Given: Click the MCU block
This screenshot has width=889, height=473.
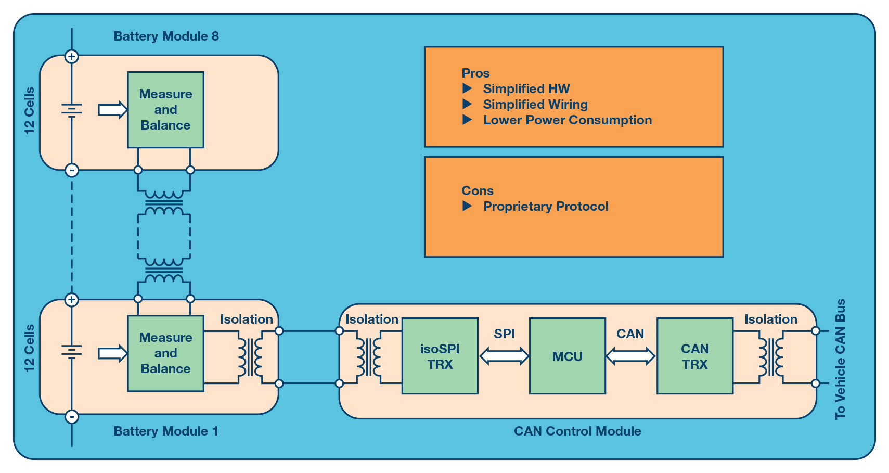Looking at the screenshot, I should [x=567, y=356].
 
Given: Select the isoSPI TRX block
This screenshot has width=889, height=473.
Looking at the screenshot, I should [x=440, y=356].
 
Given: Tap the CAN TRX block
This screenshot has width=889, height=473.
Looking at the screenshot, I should [x=694, y=356].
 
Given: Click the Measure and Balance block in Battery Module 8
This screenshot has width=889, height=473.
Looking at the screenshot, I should [x=165, y=110].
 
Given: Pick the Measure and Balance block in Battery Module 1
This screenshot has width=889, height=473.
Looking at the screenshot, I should [x=165, y=353].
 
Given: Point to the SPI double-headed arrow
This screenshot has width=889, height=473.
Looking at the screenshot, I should [x=504, y=356].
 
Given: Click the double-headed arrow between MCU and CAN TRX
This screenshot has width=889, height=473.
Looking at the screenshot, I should [x=630, y=356].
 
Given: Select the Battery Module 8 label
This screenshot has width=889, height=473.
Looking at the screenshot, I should [x=166, y=36].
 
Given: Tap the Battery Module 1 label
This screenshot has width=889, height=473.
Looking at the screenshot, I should [x=165, y=431].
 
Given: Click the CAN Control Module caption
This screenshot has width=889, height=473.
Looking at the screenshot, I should [x=577, y=431].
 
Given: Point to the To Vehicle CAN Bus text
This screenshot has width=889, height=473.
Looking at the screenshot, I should [x=840, y=360].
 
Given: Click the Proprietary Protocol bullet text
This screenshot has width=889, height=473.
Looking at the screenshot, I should [x=546, y=207].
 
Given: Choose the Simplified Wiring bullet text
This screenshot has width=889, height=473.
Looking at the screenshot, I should [x=535, y=105].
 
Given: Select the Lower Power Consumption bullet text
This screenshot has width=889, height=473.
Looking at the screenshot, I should [x=567, y=120].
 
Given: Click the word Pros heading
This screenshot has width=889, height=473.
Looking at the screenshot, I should [x=475, y=73].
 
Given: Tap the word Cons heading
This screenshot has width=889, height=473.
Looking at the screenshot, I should [x=477, y=191].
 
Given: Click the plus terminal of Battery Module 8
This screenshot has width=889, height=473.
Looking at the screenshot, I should [x=72, y=56].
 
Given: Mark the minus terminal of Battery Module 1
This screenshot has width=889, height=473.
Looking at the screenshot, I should [x=72, y=416].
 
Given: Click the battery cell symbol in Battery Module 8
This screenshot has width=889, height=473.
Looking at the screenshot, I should [x=72, y=110].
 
